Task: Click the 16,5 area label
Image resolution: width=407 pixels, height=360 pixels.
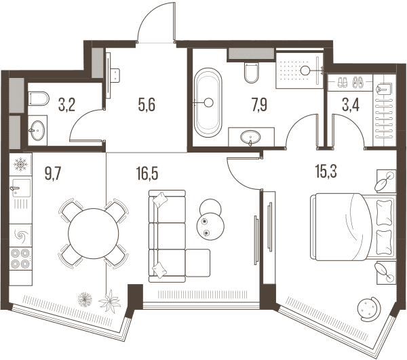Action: click(x=147, y=174)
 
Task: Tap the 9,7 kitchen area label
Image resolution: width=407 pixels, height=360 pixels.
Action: click(x=53, y=174)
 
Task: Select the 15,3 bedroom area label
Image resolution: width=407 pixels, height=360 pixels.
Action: click(x=326, y=172)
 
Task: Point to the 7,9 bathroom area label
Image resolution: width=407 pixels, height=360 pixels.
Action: click(x=259, y=105)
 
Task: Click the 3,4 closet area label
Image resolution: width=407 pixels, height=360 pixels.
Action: click(x=351, y=105)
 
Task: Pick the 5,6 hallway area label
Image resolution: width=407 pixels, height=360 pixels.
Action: click(x=147, y=105)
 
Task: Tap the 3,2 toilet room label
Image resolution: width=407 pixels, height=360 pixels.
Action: click(x=66, y=105)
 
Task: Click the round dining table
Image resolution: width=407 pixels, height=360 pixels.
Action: click(x=94, y=233)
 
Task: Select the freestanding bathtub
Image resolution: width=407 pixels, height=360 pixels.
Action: click(x=208, y=102)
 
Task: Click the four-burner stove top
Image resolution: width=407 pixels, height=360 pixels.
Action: click(x=20, y=258)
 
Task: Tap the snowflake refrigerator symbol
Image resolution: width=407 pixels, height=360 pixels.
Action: click(x=20, y=164)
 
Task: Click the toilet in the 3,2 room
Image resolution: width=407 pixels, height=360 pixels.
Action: click(x=39, y=98)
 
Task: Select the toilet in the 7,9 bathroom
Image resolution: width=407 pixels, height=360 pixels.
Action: click(x=252, y=73)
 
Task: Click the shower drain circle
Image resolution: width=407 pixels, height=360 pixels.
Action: click(x=305, y=71)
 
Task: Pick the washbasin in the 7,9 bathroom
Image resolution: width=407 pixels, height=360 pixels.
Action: click(x=250, y=137)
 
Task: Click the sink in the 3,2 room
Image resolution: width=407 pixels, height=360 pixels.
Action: click(x=37, y=130)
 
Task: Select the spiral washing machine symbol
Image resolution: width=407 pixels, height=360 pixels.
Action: click(x=20, y=235)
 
